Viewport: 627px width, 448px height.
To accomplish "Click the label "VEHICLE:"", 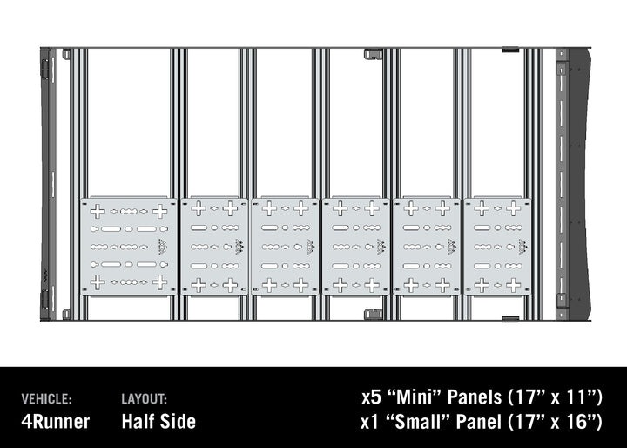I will click(x=46, y=398).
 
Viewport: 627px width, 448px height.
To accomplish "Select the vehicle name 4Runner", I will click(x=55, y=422).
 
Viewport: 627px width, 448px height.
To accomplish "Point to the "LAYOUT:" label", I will click(x=145, y=398).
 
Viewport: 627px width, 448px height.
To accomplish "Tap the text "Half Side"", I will click(x=158, y=422).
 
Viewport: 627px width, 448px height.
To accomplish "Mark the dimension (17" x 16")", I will click(x=554, y=423).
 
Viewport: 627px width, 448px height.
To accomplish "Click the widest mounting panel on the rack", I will click(x=129, y=247).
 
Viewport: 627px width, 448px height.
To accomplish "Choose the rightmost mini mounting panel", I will click(x=498, y=247).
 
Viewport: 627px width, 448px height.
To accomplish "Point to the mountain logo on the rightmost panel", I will click(x=522, y=248).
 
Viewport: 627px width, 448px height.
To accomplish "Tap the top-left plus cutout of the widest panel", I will click(x=98, y=211).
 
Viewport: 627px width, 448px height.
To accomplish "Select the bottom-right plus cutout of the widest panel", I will click(x=160, y=282).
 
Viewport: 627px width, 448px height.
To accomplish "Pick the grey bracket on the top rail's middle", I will click(x=373, y=54).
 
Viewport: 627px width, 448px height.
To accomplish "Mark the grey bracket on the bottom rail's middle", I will click(x=373, y=314).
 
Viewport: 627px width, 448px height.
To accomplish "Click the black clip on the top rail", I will click(x=510, y=50).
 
